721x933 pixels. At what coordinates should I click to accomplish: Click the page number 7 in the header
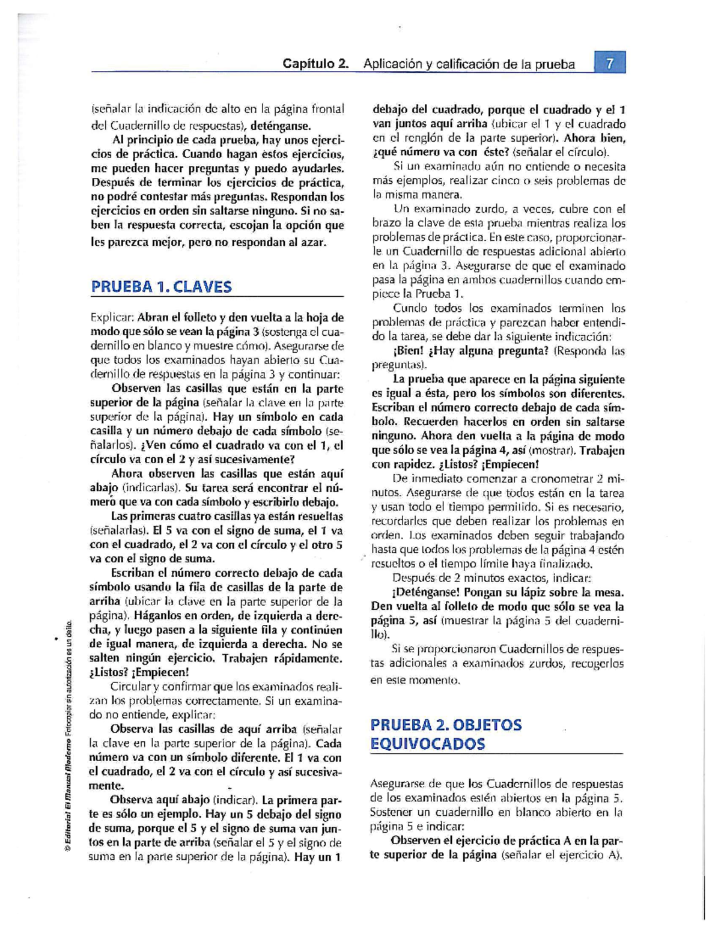pyautogui.click(x=610, y=63)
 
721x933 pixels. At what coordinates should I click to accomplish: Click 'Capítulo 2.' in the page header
pyautogui.click(x=316, y=64)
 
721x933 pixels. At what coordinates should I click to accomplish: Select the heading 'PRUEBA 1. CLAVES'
pyautogui.click(x=161, y=287)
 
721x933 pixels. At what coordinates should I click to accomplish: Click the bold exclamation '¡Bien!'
pyautogui.click(x=408, y=351)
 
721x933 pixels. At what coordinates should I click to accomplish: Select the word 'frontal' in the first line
pyautogui.click(x=327, y=109)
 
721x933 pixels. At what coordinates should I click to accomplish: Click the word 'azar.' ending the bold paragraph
pyautogui.click(x=313, y=243)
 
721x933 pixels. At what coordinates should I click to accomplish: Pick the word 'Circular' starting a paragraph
pyautogui.click(x=130, y=686)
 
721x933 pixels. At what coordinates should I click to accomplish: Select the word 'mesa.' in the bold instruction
pyautogui.click(x=609, y=592)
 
